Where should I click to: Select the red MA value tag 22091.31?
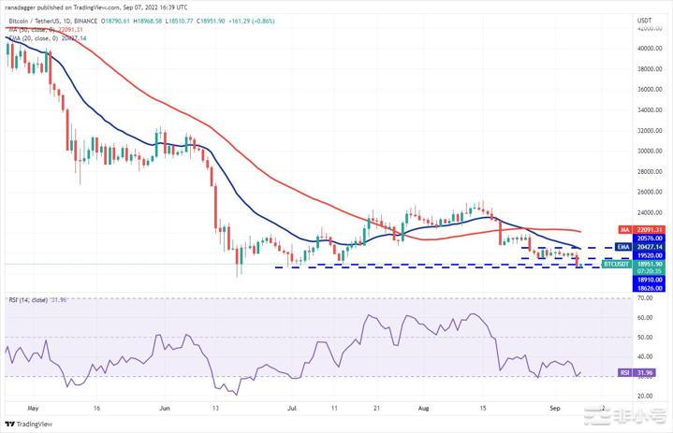click(x=648, y=229)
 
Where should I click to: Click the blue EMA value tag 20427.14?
click(x=648, y=247)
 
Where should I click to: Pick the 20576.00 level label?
click(x=648, y=238)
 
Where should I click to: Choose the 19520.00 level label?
click(x=648, y=254)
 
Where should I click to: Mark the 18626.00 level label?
click(x=648, y=288)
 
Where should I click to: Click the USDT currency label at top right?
click(x=644, y=20)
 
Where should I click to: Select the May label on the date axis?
click(x=34, y=408)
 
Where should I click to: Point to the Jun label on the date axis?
click(x=166, y=408)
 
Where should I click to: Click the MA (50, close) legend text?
click(x=37, y=29)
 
